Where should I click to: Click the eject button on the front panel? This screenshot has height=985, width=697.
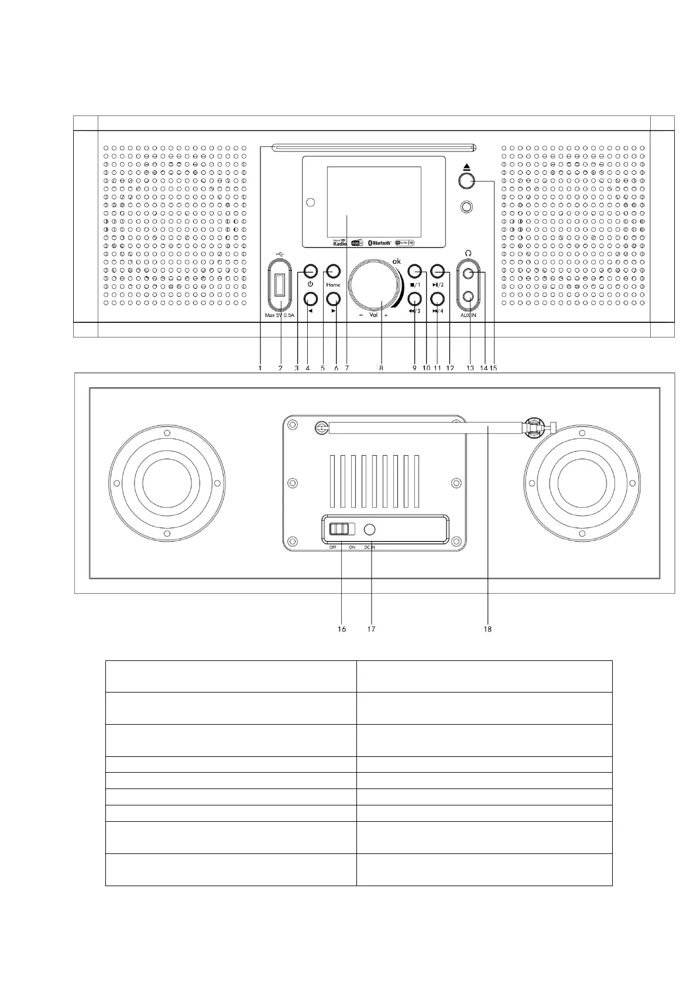[x=466, y=181]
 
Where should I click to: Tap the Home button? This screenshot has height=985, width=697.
[x=333, y=271]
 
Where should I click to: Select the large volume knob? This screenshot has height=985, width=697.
[x=375, y=286]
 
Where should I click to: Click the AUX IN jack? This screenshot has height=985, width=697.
[x=467, y=297]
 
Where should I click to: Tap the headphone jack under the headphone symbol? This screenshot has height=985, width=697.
[x=467, y=273]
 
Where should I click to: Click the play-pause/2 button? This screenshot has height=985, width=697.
[x=437, y=271]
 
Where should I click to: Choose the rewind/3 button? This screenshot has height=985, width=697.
[x=414, y=299]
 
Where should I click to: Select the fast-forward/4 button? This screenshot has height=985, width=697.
[x=437, y=299]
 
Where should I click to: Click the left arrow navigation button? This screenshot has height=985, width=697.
[x=310, y=299]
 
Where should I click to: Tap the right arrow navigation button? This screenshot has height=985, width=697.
[x=333, y=299]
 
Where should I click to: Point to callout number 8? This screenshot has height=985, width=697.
[x=381, y=368]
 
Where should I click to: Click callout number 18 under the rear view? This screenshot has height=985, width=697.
[x=487, y=629]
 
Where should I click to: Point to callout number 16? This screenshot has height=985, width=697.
[x=341, y=629]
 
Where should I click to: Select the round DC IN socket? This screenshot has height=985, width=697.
[x=370, y=530]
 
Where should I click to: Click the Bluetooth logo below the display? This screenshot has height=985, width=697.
[x=379, y=243]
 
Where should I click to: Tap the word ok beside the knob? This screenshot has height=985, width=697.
[x=396, y=261]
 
